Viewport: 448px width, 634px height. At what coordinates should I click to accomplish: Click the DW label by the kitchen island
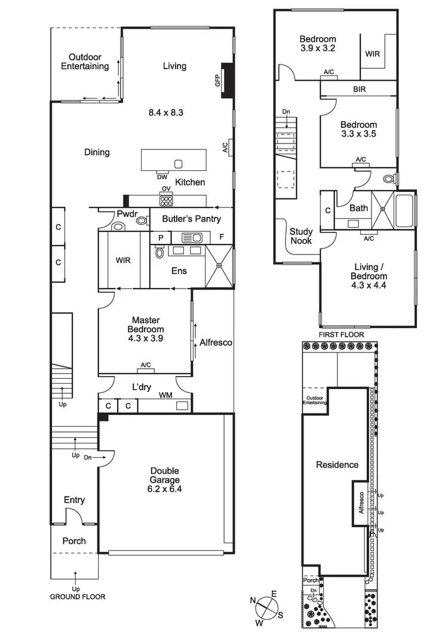click(162, 177)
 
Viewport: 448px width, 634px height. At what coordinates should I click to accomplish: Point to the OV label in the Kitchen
click(166, 189)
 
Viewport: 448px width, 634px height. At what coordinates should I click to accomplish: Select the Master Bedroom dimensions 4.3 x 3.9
click(146, 338)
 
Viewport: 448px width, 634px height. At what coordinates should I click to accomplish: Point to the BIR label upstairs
click(359, 89)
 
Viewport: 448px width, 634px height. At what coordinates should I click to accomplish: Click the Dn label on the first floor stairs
click(287, 112)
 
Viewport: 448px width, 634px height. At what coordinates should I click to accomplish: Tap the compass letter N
click(253, 601)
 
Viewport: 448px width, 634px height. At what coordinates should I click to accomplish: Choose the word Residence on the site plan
click(337, 464)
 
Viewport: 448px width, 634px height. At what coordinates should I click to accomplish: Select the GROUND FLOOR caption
click(78, 596)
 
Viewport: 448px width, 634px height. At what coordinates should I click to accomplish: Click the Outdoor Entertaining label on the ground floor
click(85, 62)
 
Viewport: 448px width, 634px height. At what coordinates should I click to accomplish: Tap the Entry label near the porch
click(74, 500)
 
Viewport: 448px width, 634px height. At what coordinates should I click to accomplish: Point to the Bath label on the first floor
click(359, 208)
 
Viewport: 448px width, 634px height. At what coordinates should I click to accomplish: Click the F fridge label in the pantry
click(222, 237)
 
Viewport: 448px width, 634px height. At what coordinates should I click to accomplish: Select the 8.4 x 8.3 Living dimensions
click(174, 111)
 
